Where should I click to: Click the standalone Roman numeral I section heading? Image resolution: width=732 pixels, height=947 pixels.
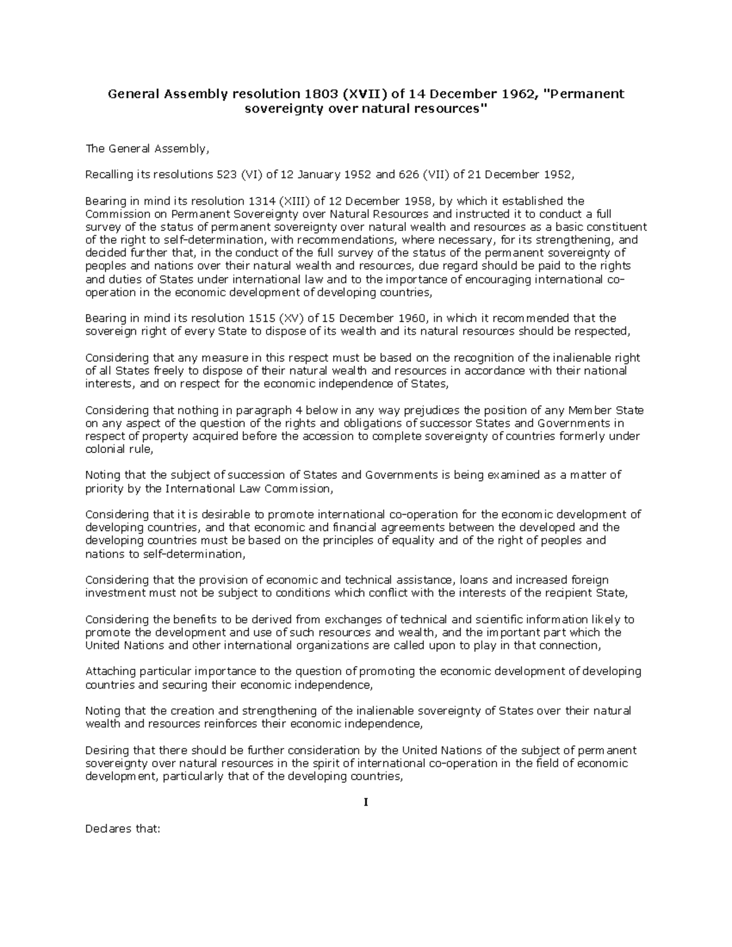pos(366,802)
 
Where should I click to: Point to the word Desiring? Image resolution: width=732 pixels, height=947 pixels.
pos(106,751)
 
